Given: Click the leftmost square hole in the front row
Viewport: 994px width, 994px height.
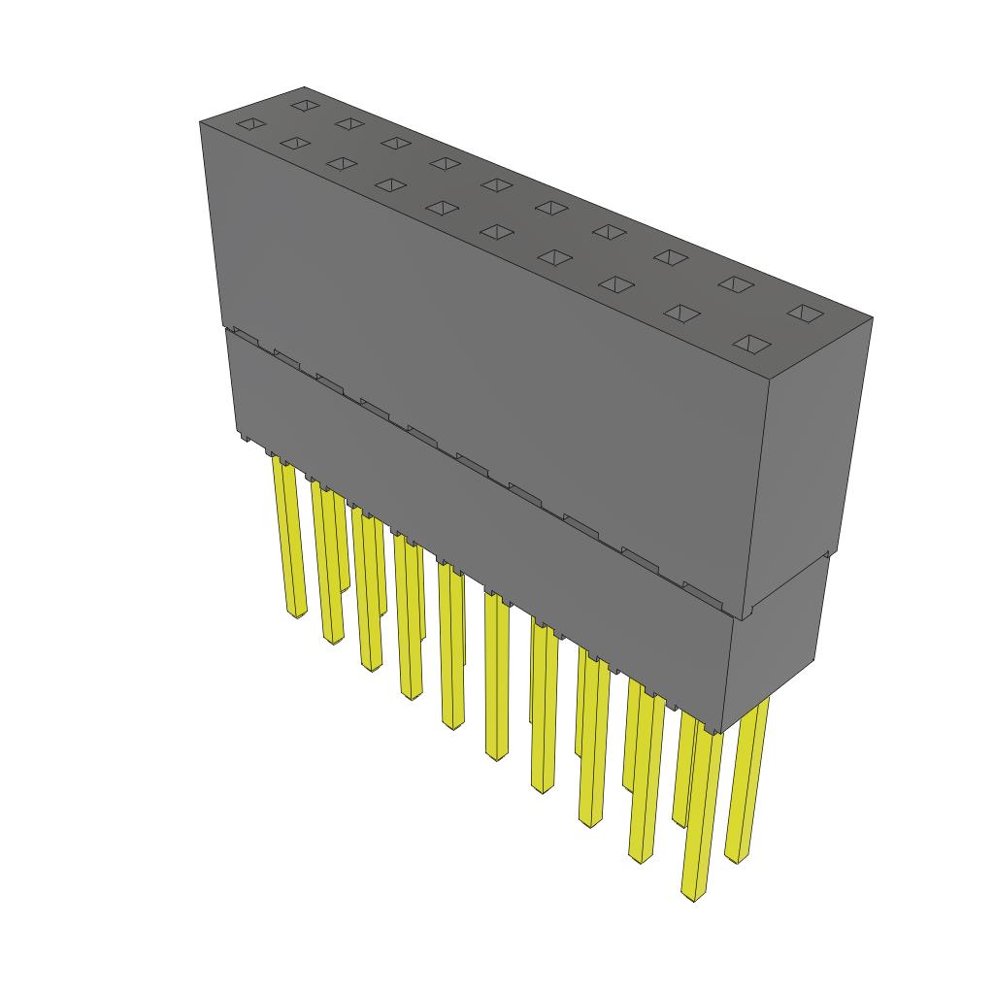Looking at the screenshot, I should pyautogui.click(x=249, y=123).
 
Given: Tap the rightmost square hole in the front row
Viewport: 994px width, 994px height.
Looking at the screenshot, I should pyautogui.click(x=754, y=344).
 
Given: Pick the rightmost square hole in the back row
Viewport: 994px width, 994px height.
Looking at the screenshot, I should pyautogui.click(x=805, y=313).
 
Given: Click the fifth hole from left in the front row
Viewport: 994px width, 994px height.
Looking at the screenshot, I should pyautogui.click(x=444, y=208).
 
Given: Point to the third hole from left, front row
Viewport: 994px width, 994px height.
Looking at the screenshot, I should pyautogui.click(x=342, y=163).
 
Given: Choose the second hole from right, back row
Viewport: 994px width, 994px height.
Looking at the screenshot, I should pyautogui.click(x=737, y=283).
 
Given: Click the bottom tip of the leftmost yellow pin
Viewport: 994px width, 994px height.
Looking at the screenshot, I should pyautogui.click(x=297, y=613).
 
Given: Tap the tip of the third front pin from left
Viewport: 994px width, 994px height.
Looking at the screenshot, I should pyautogui.click(x=371, y=666).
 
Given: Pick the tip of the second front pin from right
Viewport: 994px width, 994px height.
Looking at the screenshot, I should pyautogui.click(x=640, y=856).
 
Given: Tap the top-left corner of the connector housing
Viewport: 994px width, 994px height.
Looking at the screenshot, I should pyautogui.click(x=201, y=122).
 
